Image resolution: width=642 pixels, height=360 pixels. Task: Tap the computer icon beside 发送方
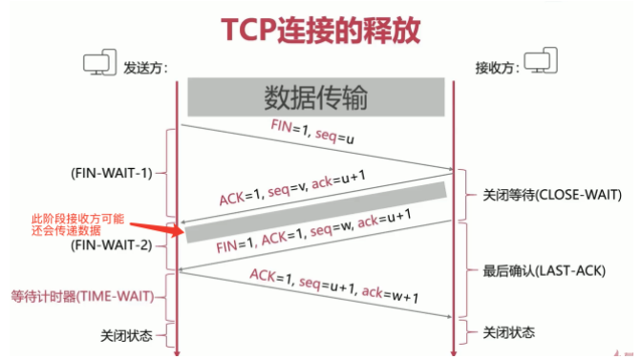tap(99, 65)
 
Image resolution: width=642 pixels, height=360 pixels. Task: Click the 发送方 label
tap(143, 68)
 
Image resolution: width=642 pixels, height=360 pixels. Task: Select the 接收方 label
tap(499, 68)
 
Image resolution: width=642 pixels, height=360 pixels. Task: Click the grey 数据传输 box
tap(315, 98)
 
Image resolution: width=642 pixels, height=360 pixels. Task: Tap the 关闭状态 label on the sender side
tap(126, 335)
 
